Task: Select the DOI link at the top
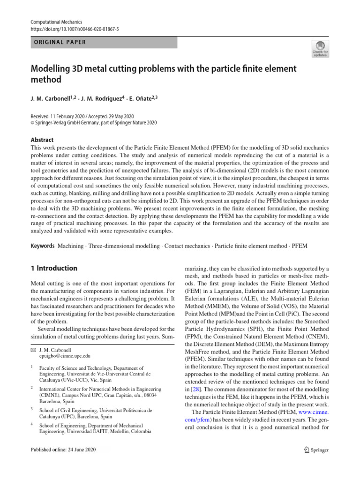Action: click(x=75, y=29)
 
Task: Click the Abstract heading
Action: click(x=42, y=140)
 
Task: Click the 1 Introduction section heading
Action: click(x=54, y=269)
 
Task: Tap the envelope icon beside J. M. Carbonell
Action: click(x=33, y=350)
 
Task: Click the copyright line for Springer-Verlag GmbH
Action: click(x=94, y=123)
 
